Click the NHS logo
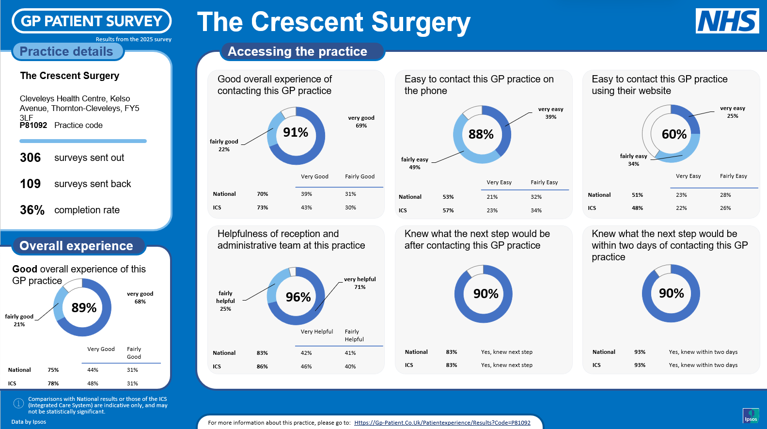tap(727, 21)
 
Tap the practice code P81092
tap(33, 125)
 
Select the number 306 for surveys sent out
tap(31, 158)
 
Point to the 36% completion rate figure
tap(32, 210)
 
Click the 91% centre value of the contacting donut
tap(296, 132)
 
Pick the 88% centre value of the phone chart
tap(481, 134)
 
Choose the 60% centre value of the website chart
tap(674, 134)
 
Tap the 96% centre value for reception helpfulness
tap(298, 297)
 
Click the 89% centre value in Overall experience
tap(84, 308)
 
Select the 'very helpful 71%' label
tap(360, 283)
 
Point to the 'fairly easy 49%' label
tap(415, 163)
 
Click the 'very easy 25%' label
tap(733, 112)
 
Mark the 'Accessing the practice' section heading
tap(297, 51)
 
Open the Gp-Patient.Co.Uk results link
tap(442, 423)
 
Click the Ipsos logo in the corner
tap(751, 415)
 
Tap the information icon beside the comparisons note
tap(18, 403)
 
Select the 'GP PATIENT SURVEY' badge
tap(92, 21)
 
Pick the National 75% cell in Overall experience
tap(53, 370)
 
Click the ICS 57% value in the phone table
tap(448, 210)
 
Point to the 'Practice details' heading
tap(66, 51)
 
